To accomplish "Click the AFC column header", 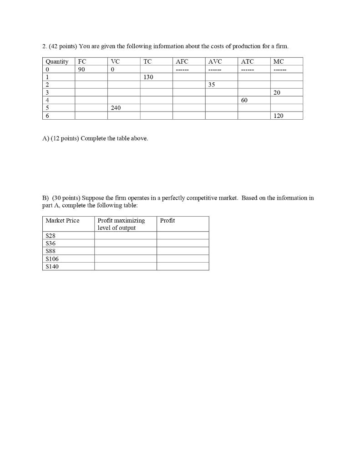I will (x=182, y=61).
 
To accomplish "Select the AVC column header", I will (x=215, y=61).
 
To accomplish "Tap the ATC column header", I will (x=248, y=61).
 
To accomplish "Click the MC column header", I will (x=279, y=61).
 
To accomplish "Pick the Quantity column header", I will (x=57, y=61).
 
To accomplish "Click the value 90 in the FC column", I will (x=82, y=69).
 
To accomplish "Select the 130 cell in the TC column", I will (x=148, y=77).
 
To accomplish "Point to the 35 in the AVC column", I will (x=212, y=85).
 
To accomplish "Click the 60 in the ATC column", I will (x=244, y=100).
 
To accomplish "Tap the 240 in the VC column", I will (x=116, y=108).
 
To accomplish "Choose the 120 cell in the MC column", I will (x=279, y=116).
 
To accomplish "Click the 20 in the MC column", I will (x=277, y=92).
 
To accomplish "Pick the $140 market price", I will (x=52, y=266).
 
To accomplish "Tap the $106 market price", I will (x=52, y=258).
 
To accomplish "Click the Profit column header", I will (x=167, y=221).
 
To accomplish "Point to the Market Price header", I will (x=62, y=221).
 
